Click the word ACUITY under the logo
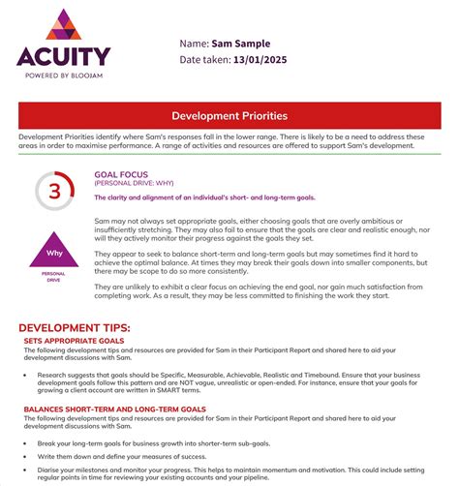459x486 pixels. [63, 56]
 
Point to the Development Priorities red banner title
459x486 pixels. [229, 116]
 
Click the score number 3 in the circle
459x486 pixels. [54, 191]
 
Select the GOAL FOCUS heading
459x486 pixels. [121, 175]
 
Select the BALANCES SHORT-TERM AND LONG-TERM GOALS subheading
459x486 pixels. [114, 410]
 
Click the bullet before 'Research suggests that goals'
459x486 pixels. [25, 374]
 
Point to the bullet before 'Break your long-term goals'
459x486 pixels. [25, 442]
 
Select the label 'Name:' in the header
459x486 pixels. [195, 44]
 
